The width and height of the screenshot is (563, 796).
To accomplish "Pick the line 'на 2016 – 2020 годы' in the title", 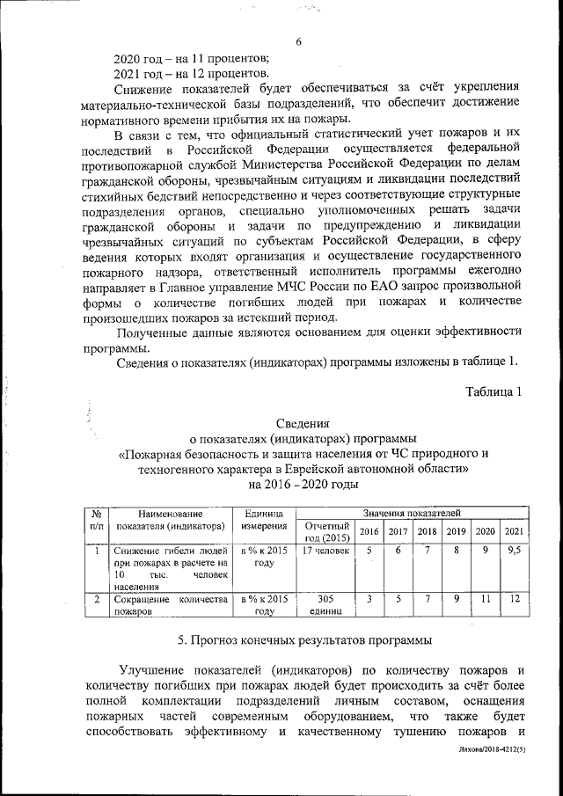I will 303,484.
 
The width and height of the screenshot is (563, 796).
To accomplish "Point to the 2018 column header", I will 428,531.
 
